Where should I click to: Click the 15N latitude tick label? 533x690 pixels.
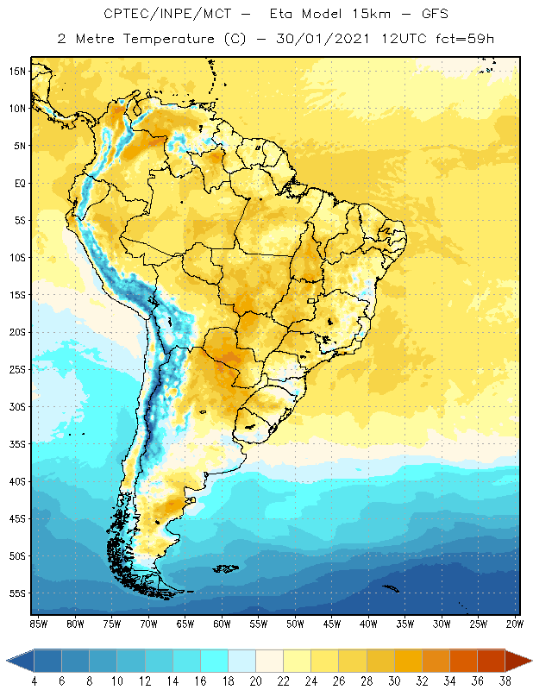click(16, 71)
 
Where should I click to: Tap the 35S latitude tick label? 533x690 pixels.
click(17, 444)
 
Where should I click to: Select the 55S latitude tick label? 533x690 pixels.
click(17, 593)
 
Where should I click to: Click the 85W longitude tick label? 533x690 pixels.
click(38, 623)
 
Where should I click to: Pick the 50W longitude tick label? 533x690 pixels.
click(295, 623)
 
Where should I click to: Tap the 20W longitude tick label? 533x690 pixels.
click(515, 623)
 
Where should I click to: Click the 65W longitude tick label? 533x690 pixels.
click(185, 623)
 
